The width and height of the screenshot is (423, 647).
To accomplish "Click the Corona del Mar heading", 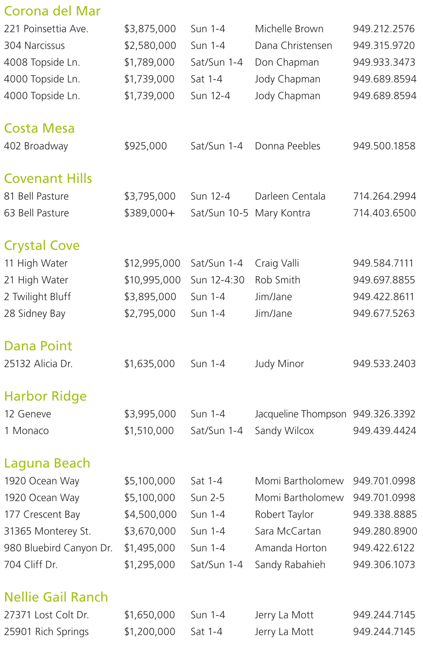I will click(52, 11).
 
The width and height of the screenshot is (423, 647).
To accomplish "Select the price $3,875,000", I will click(150, 29).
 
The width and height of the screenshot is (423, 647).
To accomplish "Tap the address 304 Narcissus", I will click(34, 45).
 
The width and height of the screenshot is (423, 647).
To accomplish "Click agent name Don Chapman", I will click(287, 62).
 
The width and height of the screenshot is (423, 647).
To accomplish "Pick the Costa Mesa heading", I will click(39, 128).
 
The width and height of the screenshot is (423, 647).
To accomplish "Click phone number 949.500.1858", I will click(384, 146).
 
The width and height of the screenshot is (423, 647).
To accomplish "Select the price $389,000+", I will click(149, 213).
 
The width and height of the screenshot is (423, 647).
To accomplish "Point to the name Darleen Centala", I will click(290, 197).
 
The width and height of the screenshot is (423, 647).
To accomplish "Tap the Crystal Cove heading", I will click(42, 246).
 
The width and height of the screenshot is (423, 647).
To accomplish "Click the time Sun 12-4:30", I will click(217, 280).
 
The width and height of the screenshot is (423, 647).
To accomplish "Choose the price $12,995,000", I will click(152, 263).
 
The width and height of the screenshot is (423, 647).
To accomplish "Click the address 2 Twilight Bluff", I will click(38, 297).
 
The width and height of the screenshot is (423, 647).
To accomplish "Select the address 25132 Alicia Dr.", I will click(38, 364).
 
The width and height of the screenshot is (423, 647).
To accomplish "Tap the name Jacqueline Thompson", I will click(300, 414).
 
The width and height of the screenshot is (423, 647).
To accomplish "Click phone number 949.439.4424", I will click(385, 431).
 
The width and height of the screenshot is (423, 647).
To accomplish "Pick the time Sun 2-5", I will click(207, 498).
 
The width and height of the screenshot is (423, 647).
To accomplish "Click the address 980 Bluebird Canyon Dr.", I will click(58, 548).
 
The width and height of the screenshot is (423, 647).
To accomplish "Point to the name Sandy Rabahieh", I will click(290, 565).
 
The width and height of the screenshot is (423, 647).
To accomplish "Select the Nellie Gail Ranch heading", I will click(56, 597).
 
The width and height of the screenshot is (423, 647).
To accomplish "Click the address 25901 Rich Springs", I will click(46, 632).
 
